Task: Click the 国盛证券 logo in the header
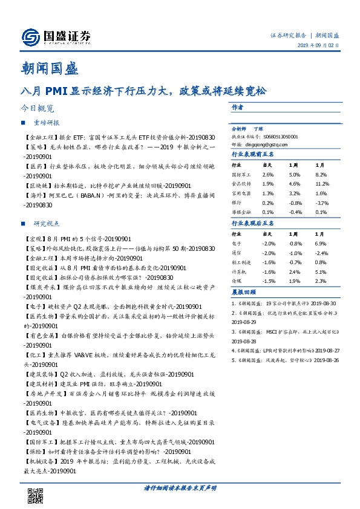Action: click(x=55, y=36)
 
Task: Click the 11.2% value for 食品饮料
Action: click(x=321, y=183)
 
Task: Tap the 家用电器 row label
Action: click(x=241, y=193)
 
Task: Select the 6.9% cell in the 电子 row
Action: click(x=320, y=242)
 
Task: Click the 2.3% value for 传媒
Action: click(x=320, y=282)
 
